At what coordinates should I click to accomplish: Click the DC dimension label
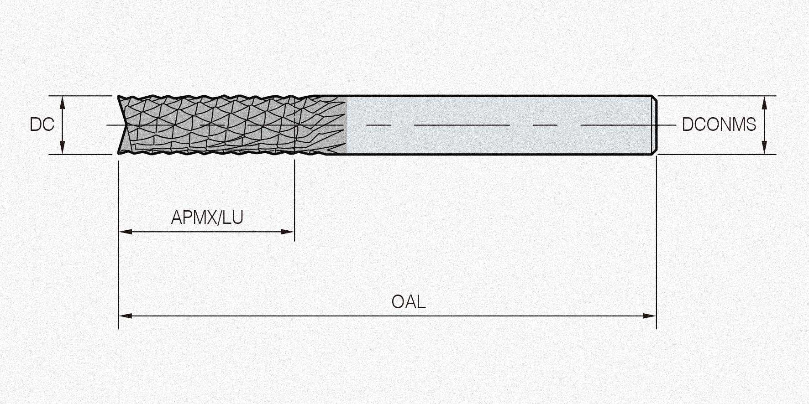tap(42, 124)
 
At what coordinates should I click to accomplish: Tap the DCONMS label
tap(719, 124)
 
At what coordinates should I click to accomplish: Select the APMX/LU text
tap(207, 218)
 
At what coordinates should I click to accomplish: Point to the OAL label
tap(409, 302)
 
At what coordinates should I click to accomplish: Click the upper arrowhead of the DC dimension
tap(63, 101)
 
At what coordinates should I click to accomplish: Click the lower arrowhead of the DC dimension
tap(63, 149)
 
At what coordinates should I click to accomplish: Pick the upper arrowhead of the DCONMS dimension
tap(765, 101)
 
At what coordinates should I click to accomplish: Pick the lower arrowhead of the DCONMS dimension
tap(765, 149)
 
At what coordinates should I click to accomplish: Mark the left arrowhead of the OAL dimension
tap(124, 316)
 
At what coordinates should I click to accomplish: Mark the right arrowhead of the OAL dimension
tap(650, 316)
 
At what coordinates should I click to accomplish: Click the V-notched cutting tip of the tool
tap(121, 124)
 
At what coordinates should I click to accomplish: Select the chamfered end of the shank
tap(654, 124)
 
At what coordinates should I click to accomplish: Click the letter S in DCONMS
tap(751, 124)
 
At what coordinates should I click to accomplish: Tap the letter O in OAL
tap(398, 302)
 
